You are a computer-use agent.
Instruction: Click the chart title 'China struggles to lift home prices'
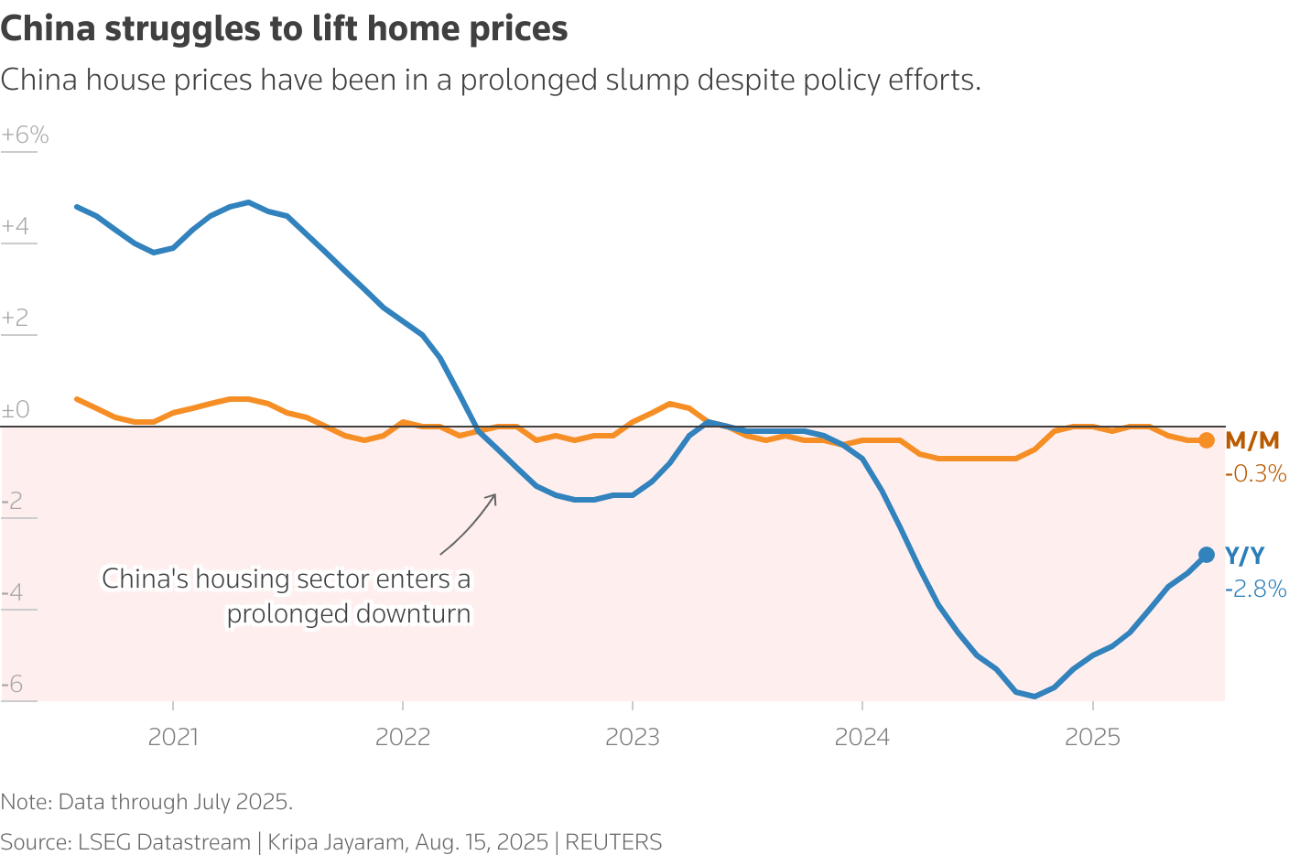tap(284, 29)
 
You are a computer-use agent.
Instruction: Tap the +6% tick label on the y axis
tap(25, 135)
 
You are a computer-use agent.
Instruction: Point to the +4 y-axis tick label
tap(16, 227)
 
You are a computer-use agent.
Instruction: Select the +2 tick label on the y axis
tap(16, 319)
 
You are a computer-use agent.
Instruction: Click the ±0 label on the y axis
tap(16, 410)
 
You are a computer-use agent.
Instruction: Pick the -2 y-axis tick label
tap(12, 502)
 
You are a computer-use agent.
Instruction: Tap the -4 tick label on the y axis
tap(12, 593)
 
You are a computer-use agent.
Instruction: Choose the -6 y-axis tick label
tap(12, 685)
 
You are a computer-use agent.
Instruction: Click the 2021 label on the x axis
tap(173, 737)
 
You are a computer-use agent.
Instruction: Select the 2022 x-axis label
tap(403, 737)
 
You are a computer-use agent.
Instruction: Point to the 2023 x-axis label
tap(633, 737)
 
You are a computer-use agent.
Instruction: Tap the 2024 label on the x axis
tap(862, 737)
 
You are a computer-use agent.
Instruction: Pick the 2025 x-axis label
tap(1092, 737)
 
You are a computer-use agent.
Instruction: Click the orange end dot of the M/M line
tap(1207, 440)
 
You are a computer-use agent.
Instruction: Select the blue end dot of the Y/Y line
tap(1207, 555)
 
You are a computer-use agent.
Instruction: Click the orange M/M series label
tap(1251, 440)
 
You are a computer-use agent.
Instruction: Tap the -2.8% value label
tap(1255, 589)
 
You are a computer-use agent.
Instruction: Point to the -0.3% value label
tap(1255, 474)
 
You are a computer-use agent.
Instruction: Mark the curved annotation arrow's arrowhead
tap(494, 496)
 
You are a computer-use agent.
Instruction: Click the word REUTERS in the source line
tap(612, 842)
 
